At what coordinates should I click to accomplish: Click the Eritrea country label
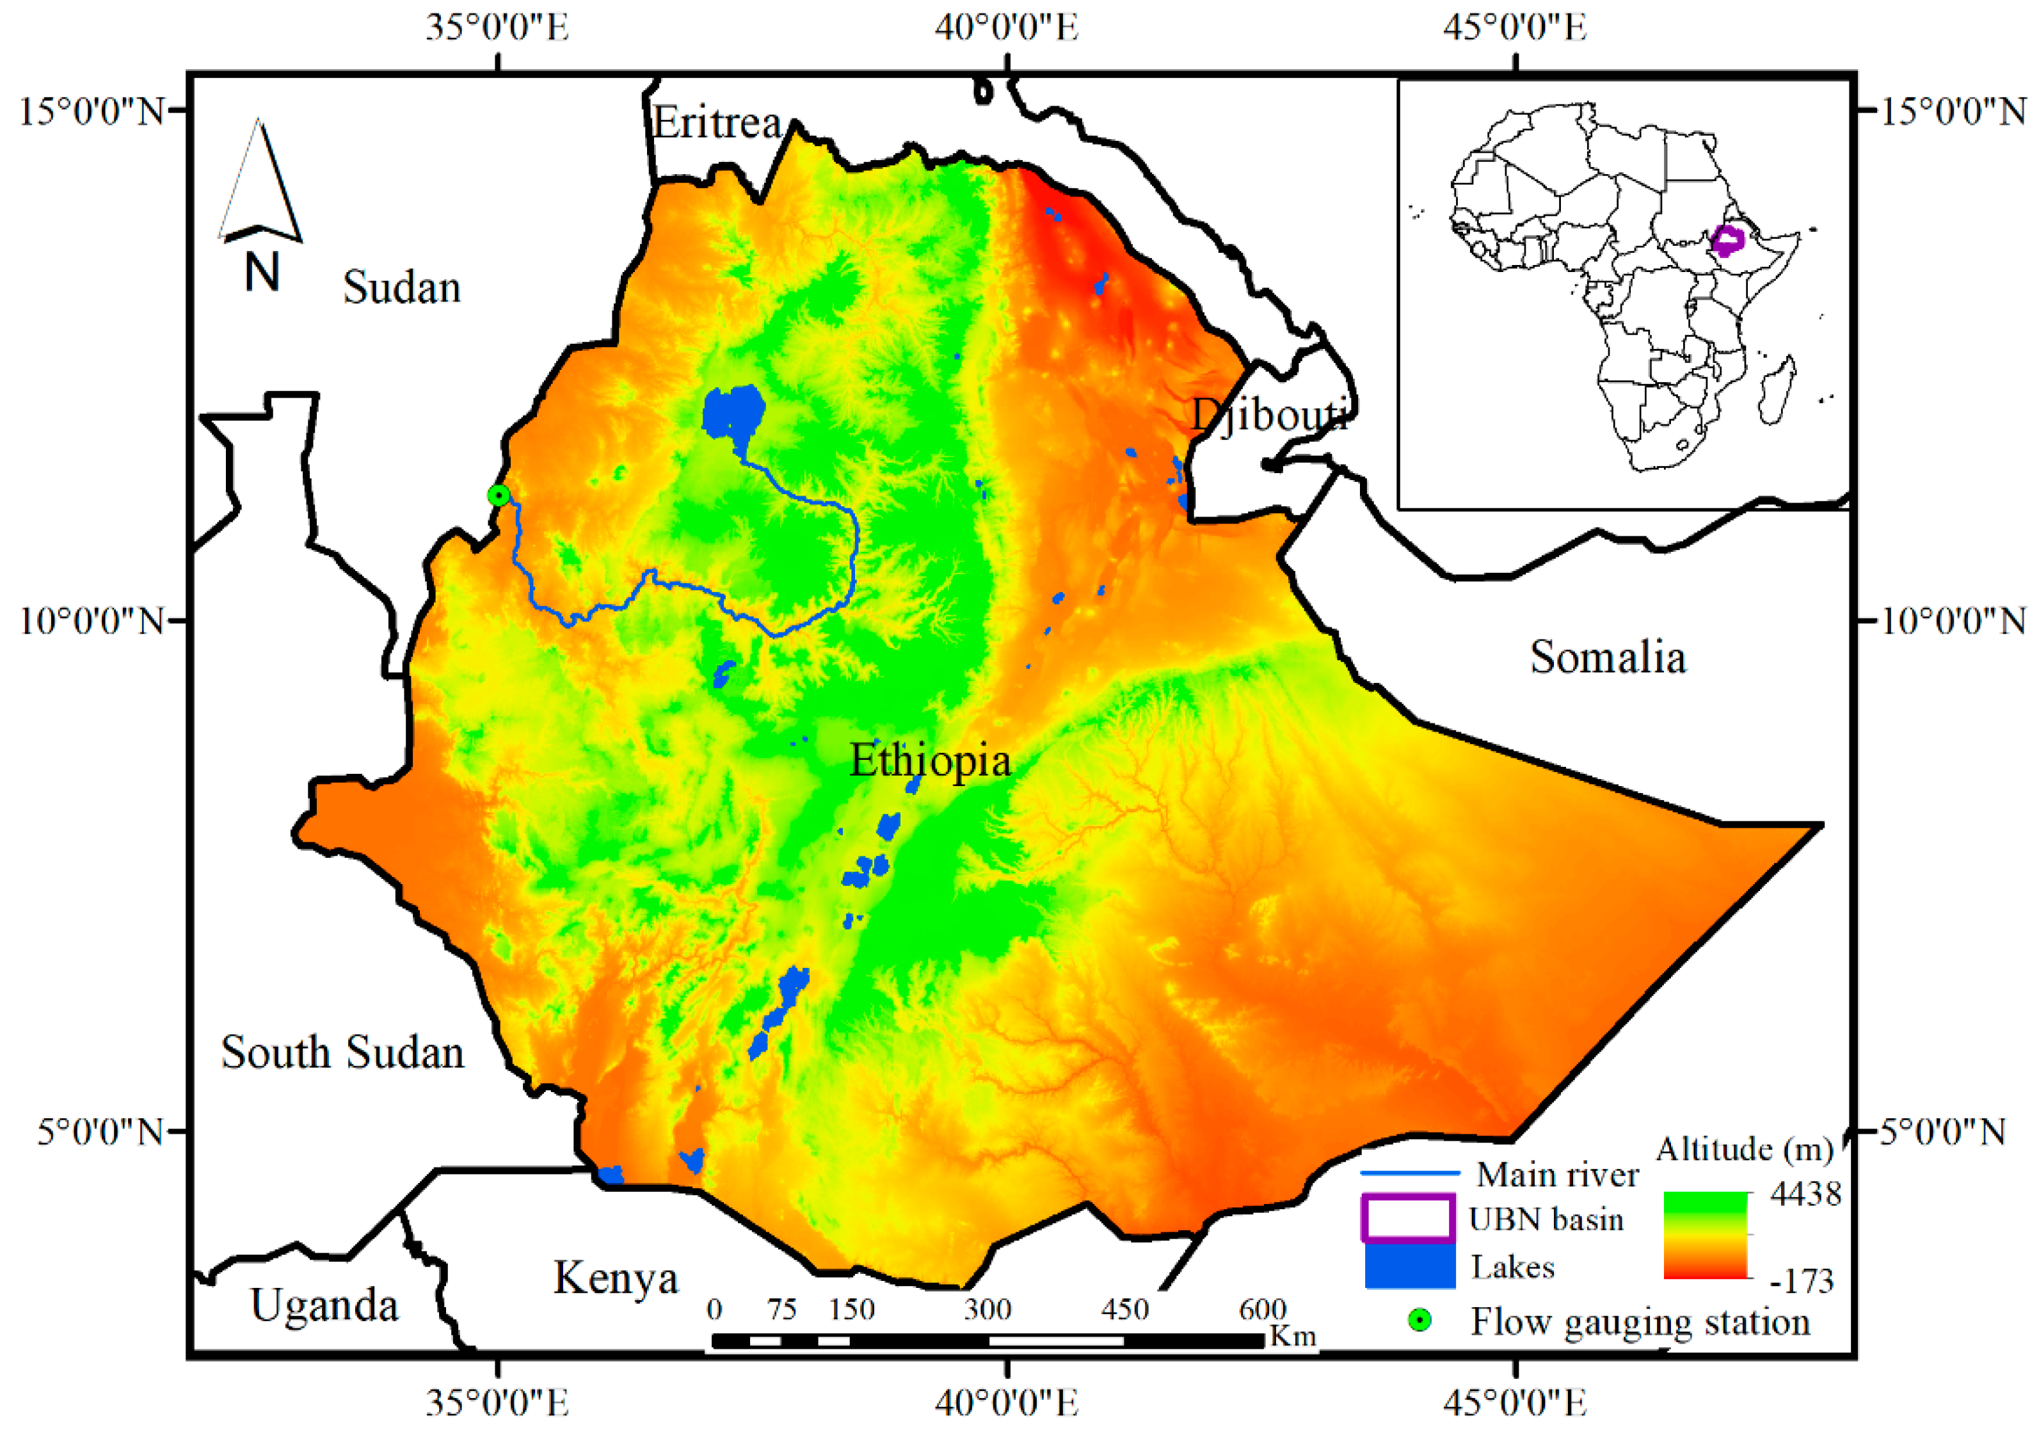click(x=717, y=122)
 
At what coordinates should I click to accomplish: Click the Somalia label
click(x=1608, y=657)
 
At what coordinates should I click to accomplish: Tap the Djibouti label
click(x=1270, y=414)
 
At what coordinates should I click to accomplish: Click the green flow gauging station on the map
click(x=499, y=495)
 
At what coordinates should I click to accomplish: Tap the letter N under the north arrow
click(x=262, y=272)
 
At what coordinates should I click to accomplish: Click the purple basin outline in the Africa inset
click(x=1727, y=241)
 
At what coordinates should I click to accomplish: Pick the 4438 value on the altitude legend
click(x=1805, y=1194)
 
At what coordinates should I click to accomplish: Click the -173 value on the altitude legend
click(x=1801, y=1281)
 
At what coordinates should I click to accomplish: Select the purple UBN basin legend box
click(x=1407, y=1218)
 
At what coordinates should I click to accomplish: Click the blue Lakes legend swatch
click(x=1409, y=1266)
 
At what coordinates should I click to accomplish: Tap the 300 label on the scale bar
click(x=988, y=1309)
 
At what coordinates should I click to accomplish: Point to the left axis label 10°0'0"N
click(x=93, y=620)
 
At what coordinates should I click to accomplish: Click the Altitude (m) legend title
click(x=1745, y=1150)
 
